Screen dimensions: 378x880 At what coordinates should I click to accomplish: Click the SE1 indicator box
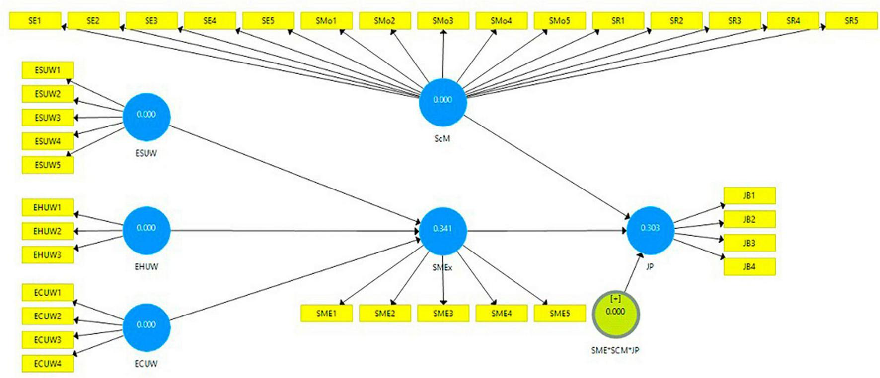pyautogui.click(x=35, y=21)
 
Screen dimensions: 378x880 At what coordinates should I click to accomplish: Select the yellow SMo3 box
pyautogui.click(x=443, y=21)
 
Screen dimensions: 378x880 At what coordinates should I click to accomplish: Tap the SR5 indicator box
pyautogui.click(x=851, y=21)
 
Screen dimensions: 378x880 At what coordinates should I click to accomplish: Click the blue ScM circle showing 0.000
pyautogui.click(x=442, y=100)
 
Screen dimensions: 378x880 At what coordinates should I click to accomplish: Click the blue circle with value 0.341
pyautogui.click(x=443, y=229)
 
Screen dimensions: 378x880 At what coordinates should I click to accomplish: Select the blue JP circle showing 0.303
pyautogui.click(x=650, y=228)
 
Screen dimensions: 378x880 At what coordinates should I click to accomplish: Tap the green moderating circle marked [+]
pyautogui.click(x=615, y=314)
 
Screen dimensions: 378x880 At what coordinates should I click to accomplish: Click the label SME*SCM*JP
pyautogui.click(x=615, y=350)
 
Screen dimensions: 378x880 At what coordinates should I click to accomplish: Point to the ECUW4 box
pyautogui.click(x=48, y=364)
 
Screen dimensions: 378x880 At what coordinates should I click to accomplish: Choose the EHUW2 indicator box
pyautogui.click(x=48, y=231)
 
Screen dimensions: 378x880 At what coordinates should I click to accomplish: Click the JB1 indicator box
pyautogui.click(x=749, y=195)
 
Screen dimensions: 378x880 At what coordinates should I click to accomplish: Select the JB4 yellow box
pyautogui.click(x=749, y=267)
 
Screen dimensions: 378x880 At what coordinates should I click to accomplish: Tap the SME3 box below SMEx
pyautogui.click(x=443, y=314)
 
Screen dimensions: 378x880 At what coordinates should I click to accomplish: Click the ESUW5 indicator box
pyautogui.click(x=48, y=165)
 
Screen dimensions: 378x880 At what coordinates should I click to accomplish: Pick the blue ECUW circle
pyautogui.click(x=147, y=325)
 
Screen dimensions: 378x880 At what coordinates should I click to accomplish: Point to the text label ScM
pyautogui.click(x=442, y=139)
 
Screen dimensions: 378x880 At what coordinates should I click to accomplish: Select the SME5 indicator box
pyautogui.click(x=560, y=314)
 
